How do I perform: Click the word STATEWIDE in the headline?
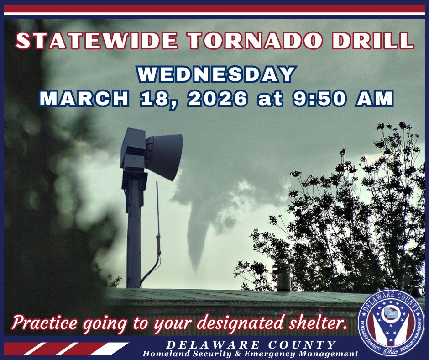97,41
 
